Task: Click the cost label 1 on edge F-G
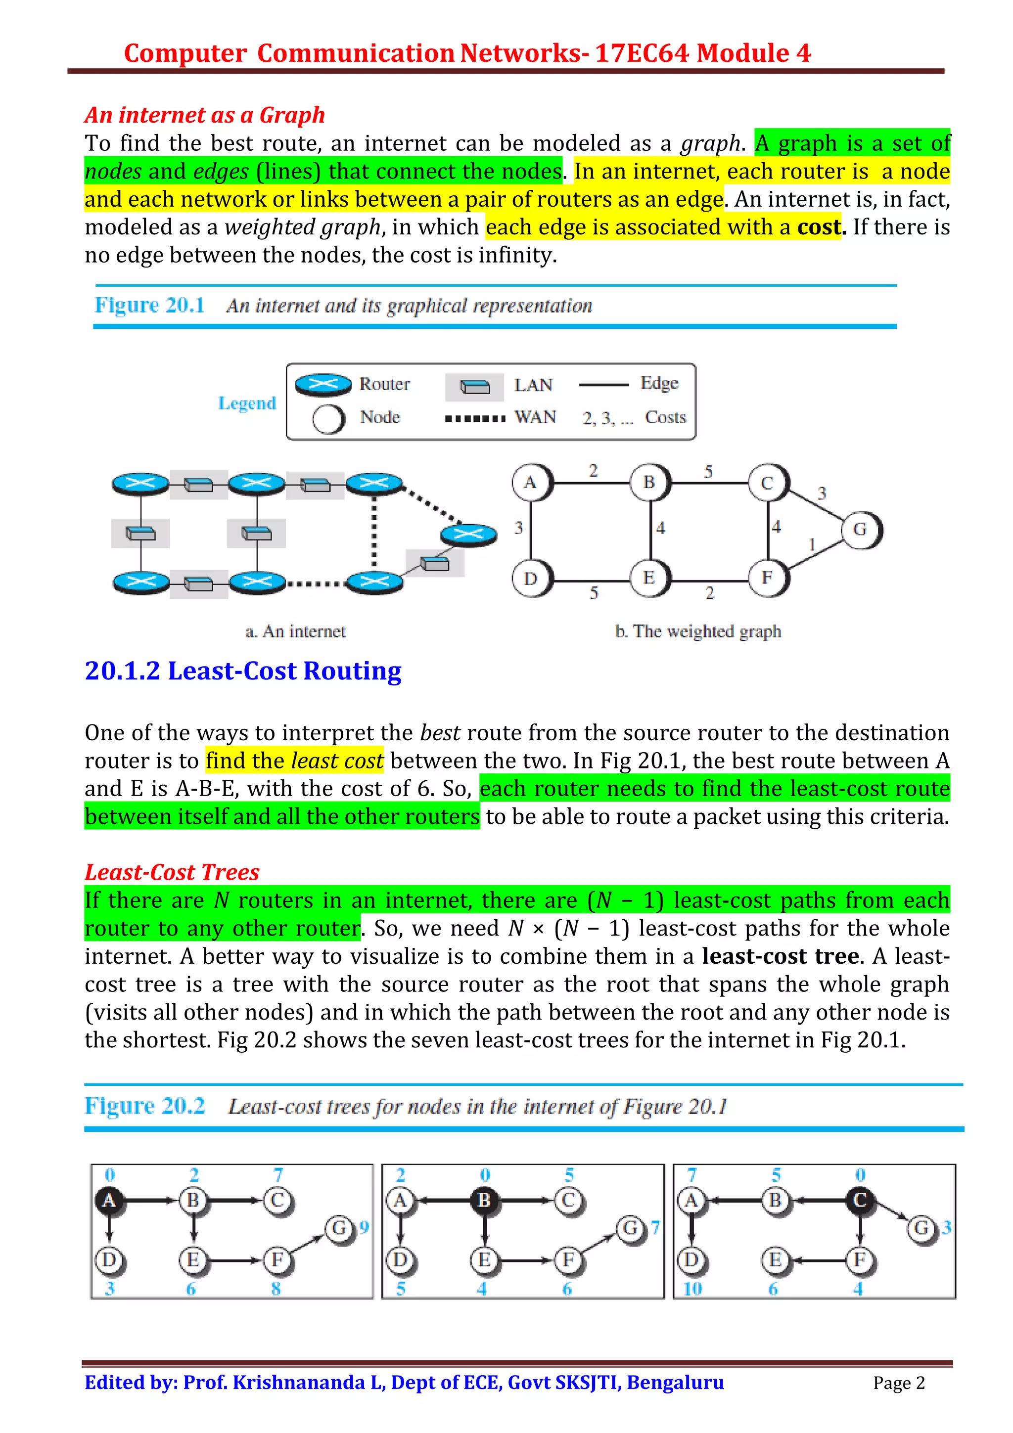pos(812,545)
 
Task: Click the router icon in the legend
pos(322,385)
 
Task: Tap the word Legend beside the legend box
pos(247,403)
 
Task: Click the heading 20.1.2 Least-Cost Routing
pos(243,671)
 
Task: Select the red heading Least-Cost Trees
pos(172,872)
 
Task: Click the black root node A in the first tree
pos(109,1200)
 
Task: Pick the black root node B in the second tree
pos(484,1200)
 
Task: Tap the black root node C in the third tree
pos(860,1200)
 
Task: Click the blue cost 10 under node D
pos(692,1289)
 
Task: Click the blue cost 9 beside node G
pos(365,1227)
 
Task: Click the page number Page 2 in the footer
pos(899,1383)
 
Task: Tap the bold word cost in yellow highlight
pos(819,227)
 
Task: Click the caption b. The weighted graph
pos(698,631)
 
